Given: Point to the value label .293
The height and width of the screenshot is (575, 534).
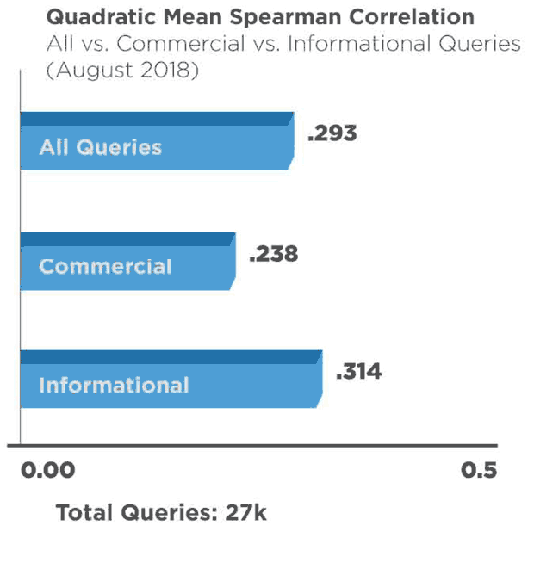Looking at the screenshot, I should (x=332, y=134).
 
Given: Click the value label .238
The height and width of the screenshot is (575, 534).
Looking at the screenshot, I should (x=273, y=255).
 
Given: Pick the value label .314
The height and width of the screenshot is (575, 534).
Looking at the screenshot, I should (x=357, y=372).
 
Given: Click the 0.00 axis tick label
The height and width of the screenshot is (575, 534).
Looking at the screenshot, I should (x=48, y=470).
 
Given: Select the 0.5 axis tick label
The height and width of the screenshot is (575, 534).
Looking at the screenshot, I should (x=479, y=470).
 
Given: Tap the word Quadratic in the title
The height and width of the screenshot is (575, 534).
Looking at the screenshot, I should (x=92, y=18).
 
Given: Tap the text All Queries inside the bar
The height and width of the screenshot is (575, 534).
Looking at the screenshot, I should (x=100, y=147).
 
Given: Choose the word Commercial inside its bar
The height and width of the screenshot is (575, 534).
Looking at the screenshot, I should (x=105, y=267).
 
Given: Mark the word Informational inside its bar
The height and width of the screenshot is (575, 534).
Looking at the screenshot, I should (x=114, y=385).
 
